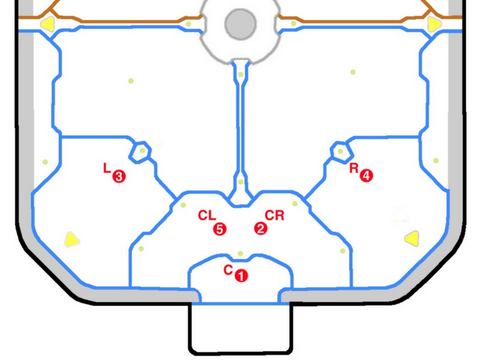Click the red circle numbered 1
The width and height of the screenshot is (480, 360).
coord(242,275)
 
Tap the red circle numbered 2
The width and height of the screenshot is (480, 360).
coord(260,229)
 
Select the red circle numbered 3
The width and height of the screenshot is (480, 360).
coord(119,176)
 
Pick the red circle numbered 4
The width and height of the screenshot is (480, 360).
coord(366,176)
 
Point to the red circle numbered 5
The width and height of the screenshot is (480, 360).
coord(220,229)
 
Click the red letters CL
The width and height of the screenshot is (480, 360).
coord(207,215)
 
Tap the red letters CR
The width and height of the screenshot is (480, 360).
coord(275,215)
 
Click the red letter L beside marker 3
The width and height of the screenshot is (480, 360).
coord(107,168)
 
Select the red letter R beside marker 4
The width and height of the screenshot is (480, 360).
coord(354,168)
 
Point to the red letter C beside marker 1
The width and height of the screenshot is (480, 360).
coord(228,270)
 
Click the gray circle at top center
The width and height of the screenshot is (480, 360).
coord(241,24)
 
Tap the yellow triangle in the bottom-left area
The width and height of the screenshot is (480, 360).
coord(71,239)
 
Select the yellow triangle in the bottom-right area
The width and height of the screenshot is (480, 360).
coord(412,238)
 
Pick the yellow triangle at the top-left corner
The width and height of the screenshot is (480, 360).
coord(48,23)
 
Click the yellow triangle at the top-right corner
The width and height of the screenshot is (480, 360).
coord(434,24)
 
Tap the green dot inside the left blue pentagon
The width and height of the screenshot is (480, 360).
coord(142,151)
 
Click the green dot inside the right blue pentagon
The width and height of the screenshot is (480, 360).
coord(340,151)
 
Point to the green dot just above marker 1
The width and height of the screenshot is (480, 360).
coord(241,253)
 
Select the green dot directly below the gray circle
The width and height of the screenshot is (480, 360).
coord(241,74)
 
